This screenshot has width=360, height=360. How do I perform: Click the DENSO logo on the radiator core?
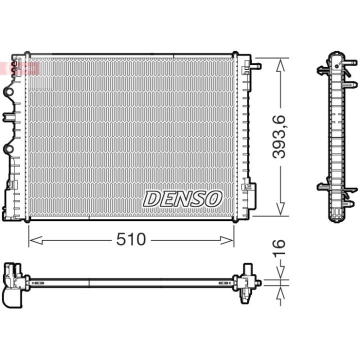182,198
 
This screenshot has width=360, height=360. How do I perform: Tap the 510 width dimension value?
131,239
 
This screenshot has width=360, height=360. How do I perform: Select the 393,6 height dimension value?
278,137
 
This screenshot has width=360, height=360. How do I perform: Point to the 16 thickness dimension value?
279,247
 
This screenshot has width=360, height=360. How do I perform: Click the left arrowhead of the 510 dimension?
36,240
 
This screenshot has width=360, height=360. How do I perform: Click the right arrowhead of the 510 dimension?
226,240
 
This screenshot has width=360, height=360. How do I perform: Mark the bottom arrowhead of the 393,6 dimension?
280,209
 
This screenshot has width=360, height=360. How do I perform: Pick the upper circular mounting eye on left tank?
9,92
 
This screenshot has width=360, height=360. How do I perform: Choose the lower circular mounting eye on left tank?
9,149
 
